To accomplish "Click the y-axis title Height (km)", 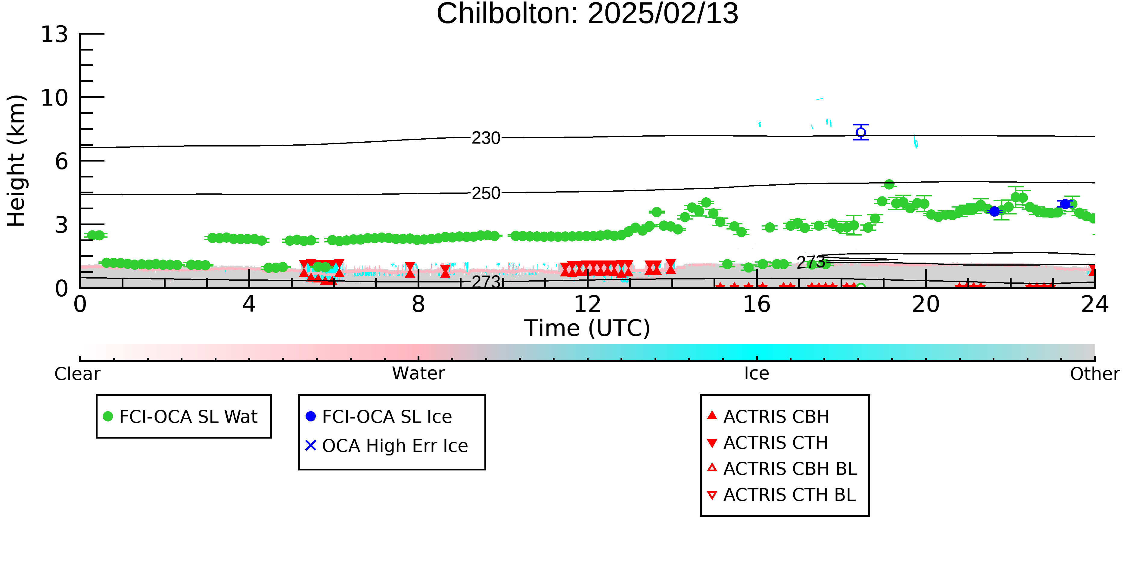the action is pos(16,161).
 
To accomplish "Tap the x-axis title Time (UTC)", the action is pos(587,328).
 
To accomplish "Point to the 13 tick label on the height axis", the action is pos(54,34).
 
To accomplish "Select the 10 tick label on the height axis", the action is pos(54,98).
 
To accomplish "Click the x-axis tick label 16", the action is pos(757,304).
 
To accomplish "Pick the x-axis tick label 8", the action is pos(418,304).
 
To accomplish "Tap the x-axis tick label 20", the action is pos(926,304).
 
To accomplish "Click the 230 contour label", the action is pos(486,138).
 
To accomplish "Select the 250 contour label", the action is pos(486,193).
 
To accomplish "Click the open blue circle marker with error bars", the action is pos(861,132).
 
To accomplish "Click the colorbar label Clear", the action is pos(77,374).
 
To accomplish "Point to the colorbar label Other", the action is pos(1095,374).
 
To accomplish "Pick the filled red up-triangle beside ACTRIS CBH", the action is pos(712,415).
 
